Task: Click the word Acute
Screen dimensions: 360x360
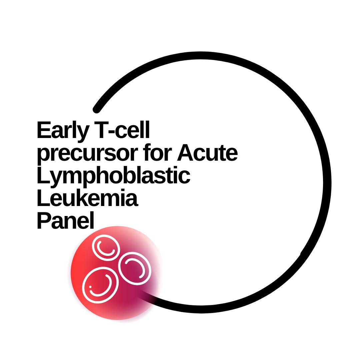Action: [207, 152]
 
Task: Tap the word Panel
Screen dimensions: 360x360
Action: [66, 220]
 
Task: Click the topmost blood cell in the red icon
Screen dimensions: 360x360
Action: [106, 247]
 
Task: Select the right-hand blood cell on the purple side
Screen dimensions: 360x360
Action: [135, 268]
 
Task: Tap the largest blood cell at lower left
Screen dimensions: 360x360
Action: [100, 285]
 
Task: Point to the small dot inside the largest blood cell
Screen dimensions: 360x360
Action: [90, 287]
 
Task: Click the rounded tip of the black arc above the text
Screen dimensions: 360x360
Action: [96, 109]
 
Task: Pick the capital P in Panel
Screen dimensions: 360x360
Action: [44, 220]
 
